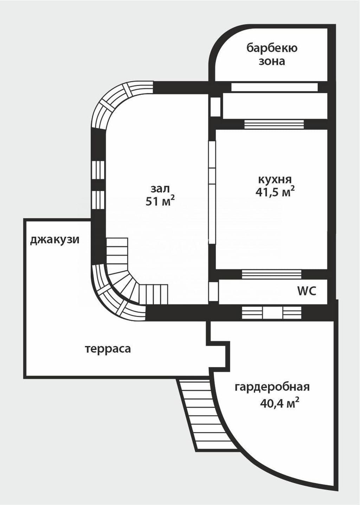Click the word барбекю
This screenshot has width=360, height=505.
(272, 48)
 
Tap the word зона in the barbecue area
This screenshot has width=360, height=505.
(272, 61)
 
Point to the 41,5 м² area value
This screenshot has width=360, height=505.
(275, 192)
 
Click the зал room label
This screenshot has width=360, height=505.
(160, 189)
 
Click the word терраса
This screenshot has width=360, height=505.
(108, 349)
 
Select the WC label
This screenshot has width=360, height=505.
(307, 291)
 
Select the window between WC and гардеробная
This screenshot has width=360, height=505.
(272, 313)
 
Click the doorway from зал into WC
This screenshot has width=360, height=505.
(213, 292)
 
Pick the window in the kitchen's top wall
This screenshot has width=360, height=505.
(274, 124)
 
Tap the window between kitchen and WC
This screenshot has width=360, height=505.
(272, 274)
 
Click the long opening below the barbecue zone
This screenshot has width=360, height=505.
(274, 87)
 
